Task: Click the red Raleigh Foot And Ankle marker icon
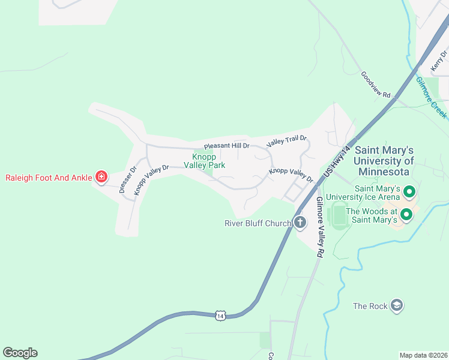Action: coord(101,176)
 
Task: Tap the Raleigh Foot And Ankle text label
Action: coord(49,177)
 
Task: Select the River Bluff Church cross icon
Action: coord(300,223)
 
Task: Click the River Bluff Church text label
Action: coord(258,224)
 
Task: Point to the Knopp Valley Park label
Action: coord(204,160)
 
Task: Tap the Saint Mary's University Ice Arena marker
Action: coord(410,192)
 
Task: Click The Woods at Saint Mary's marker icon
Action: coord(406,214)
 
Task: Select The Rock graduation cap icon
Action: coord(396,305)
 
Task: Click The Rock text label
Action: coord(370,306)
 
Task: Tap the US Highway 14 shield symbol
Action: coord(220,314)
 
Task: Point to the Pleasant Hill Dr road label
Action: coord(226,146)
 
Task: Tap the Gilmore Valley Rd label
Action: coord(319,227)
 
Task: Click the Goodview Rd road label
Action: coord(375,85)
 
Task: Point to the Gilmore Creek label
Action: coord(431,97)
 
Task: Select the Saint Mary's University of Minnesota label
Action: coord(384,161)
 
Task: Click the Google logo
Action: coord(20,353)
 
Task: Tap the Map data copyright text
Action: coord(423,355)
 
